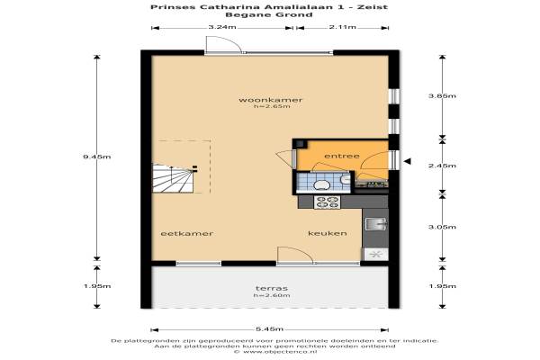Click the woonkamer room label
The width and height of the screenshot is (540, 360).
270,100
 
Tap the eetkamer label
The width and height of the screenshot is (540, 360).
187,234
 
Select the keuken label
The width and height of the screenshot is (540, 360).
328,233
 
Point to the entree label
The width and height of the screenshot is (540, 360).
342,156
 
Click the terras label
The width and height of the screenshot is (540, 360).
272,288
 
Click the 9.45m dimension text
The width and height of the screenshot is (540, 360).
97,157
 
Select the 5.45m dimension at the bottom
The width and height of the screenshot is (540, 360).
270,329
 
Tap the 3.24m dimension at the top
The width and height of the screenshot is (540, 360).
222,27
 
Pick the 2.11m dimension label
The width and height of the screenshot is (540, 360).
342,27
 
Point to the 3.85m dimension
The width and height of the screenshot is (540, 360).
442,95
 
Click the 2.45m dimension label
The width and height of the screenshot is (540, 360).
442,166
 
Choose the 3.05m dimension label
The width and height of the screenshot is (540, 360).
442,227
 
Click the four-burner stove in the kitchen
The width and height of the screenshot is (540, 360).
327,202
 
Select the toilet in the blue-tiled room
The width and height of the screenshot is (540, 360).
321,185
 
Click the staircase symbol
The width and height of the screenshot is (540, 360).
174,178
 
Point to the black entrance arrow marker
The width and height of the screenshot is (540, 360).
407,161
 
